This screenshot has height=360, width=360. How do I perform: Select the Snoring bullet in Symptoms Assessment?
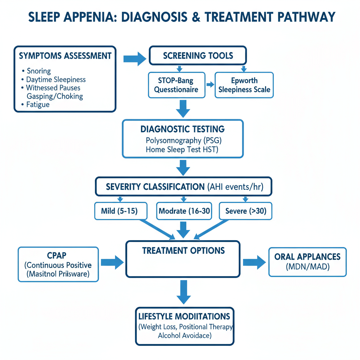coord(39,71)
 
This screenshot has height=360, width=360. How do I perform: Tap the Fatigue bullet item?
coord(38,104)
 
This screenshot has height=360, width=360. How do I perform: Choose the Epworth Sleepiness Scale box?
coord(244,85)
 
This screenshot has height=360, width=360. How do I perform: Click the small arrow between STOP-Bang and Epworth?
coord(210,85)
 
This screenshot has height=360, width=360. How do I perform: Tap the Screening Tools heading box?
coord(198,56)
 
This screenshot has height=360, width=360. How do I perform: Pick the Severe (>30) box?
coord(245,211)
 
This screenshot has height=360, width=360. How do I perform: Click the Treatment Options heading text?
coord(183,251)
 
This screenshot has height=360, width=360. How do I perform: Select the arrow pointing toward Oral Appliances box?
coord(254,262)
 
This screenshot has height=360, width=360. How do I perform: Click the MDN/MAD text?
coord(307,267)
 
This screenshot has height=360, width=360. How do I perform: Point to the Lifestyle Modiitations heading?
coord(185,316)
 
